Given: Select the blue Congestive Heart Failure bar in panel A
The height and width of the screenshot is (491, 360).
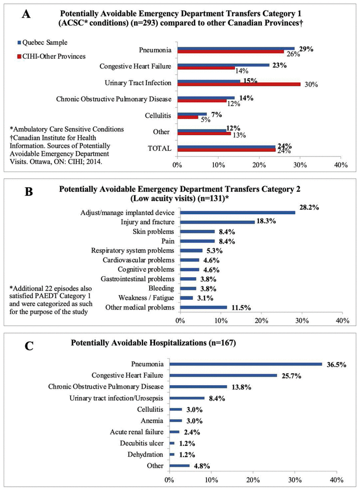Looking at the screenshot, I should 223,65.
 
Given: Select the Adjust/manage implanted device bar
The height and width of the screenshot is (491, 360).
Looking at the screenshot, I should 238,212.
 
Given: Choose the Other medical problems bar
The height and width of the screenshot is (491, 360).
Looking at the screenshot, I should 203,307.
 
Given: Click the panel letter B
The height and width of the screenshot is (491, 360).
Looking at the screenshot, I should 25,192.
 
